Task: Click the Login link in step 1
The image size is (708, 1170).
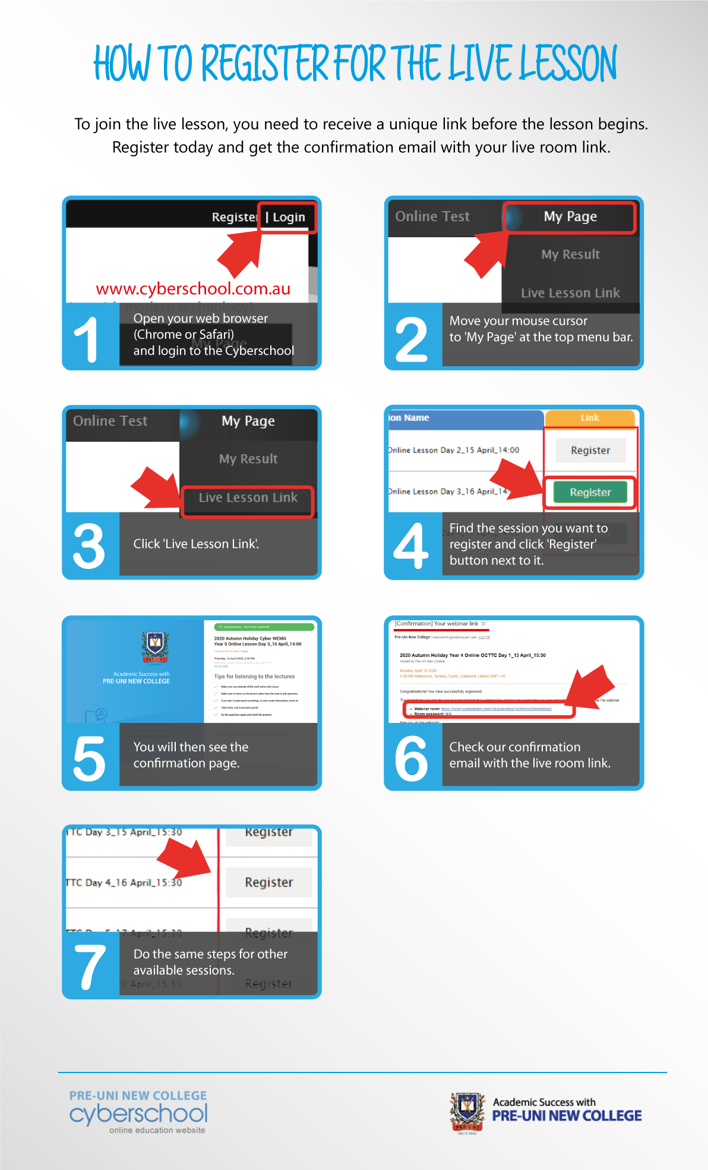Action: click(x=289, y=218)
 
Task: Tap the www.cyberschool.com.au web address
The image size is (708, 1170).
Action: click(x=193, y=289)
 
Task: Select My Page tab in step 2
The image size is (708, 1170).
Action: click(x=570, y=217)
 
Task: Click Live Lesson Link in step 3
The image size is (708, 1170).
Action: click(x=248, y=498)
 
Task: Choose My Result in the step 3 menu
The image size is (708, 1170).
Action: click(x=248, y=459)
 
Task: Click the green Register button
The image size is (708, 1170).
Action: click(x=590, y=492)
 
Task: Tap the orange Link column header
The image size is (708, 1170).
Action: click(x=590, y=418)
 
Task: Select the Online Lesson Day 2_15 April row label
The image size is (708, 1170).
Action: click(x=454, y=450)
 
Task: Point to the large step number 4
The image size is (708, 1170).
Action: click(x=411, y=546)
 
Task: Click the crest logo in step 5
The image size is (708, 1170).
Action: click(x=155, y=647)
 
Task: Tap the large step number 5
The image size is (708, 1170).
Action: click(x=89, y=758)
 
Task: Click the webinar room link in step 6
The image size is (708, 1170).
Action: click(x=497, y=709)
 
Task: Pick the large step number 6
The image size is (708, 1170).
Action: click(x=411, y=758)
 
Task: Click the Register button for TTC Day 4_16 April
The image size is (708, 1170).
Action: click(x=269, y=883)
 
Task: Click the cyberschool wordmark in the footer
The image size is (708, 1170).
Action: click(x=138, y=1114)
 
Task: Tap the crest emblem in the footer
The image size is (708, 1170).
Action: click(x=467, y=1113)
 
